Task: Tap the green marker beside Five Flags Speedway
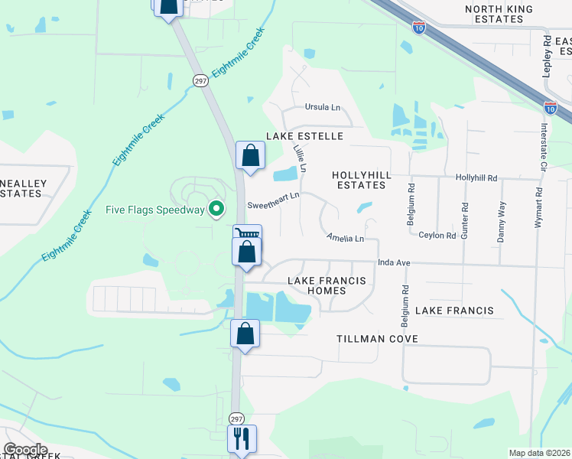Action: pos(216,208)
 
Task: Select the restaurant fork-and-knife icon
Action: pos(242,438)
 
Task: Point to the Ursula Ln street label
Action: pos(322,107)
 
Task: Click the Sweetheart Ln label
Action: pos(273,205)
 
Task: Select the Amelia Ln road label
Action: pos(345,239)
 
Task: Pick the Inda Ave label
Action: pos(395,263)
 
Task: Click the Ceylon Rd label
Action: pos(438,236)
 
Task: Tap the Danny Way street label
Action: pos(502,222)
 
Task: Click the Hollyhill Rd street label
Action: pos(476,177)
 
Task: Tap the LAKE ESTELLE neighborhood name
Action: pos(304,136)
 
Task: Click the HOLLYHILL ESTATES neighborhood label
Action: pos(362,181)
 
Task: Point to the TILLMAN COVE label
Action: pos(377,338)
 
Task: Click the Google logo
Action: pos(25,450)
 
